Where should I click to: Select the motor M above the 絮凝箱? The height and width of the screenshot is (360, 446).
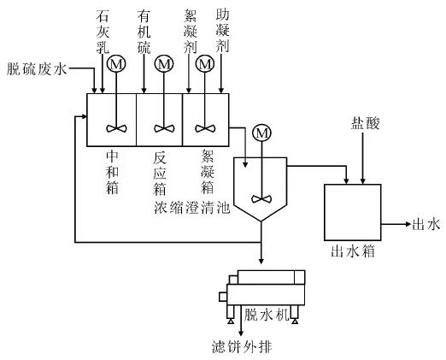pyautogui.click(x=204, y=63)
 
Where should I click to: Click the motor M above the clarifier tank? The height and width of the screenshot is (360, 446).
pyautogui.click(x=262, y=133)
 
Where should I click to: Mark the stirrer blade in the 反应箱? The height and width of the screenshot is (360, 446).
pyautogui.click(x=160, y=128)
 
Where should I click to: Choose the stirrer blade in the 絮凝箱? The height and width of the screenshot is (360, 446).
pyautogui.click(x=204, y=128)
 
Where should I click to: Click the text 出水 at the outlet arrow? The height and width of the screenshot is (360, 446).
pyautogui.click(x=425, y=225)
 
